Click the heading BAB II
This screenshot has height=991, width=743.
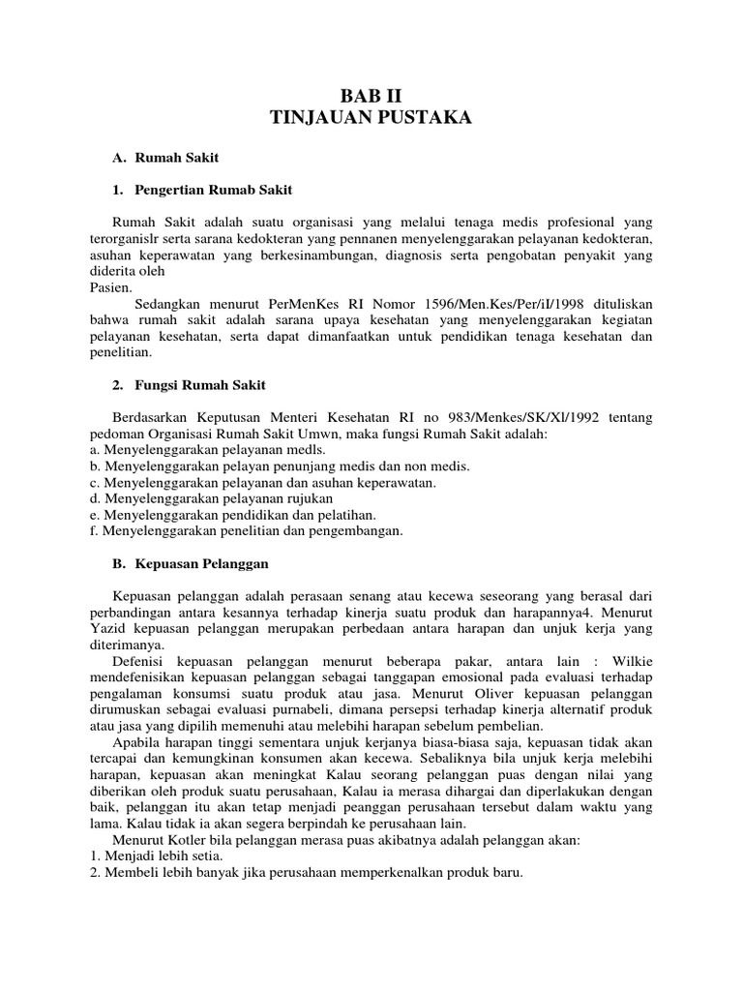(x=371, y=95)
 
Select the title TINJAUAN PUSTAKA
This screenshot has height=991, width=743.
(x=371, y=118)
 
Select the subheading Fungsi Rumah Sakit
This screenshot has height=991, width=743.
(x=199, y=385)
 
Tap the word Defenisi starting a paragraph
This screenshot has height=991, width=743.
(x=140, y=662)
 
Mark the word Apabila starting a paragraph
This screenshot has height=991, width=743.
(x=140, y=743)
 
